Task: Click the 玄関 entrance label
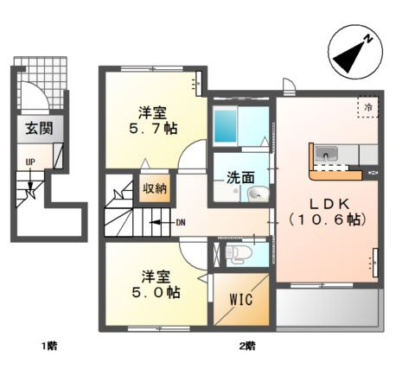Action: click(x=40, y=128)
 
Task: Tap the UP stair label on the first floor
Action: click(x=30, y=162)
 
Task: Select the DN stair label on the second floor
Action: click(x=181, y=222)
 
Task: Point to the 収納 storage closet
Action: click(x=155, y=188)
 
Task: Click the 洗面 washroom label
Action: click(x=240, y=178)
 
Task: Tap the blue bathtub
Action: click(x=225, y=126)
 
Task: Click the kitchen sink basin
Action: click(x=326, y=154)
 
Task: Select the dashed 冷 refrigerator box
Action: click(x=367, y=107)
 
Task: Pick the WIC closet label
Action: click(x=241, y=300)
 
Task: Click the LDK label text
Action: click(x=329, y=204)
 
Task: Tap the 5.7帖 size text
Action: click(x=153, y=129)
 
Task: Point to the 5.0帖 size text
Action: click(x=156, y=293)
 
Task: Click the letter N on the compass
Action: click(x=368, y=39)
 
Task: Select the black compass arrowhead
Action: click(x=349, y=57)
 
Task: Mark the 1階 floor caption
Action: click(x=49, y=346)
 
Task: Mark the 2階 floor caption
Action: click(x=247, y=346)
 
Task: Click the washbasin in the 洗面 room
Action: click(x=259, y=194)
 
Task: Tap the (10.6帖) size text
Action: click(x=328, y=220)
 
